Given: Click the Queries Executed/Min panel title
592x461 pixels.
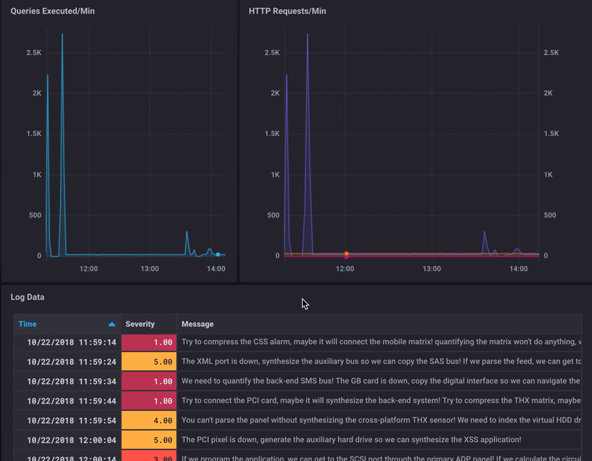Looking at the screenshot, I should [x=52, y=11].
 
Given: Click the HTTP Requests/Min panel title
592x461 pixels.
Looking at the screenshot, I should [x=287, y=11].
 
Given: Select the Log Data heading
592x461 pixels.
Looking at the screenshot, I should [x=27, y=297].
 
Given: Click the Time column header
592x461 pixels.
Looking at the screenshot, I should [x=27, y=324].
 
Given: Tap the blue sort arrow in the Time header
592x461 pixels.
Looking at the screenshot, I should [x=112, y=324].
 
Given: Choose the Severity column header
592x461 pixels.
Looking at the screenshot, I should [x=140, y=324].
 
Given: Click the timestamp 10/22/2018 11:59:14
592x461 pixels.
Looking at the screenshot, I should [x=71, y=342].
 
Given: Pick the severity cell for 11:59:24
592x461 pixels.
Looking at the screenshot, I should [x=149, y=362].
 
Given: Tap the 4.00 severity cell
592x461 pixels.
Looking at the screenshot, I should [x=149, y=421].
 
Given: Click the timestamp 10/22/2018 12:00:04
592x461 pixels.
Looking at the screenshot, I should [x=71, y=440].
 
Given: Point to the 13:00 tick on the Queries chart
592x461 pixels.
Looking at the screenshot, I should [x=149, y=268].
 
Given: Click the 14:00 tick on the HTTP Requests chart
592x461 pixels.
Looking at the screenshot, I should [x=518, y=268].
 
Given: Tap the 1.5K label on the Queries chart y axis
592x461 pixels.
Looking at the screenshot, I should [x=33, y=134].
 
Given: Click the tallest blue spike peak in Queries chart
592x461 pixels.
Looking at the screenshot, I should [x=63, y=35].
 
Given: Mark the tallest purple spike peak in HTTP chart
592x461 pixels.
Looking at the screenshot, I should [x=307, y=35].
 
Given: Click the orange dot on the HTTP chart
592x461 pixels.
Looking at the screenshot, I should [x=347, y=253].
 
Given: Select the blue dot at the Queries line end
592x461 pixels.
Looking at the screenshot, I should [x=218, y=255].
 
